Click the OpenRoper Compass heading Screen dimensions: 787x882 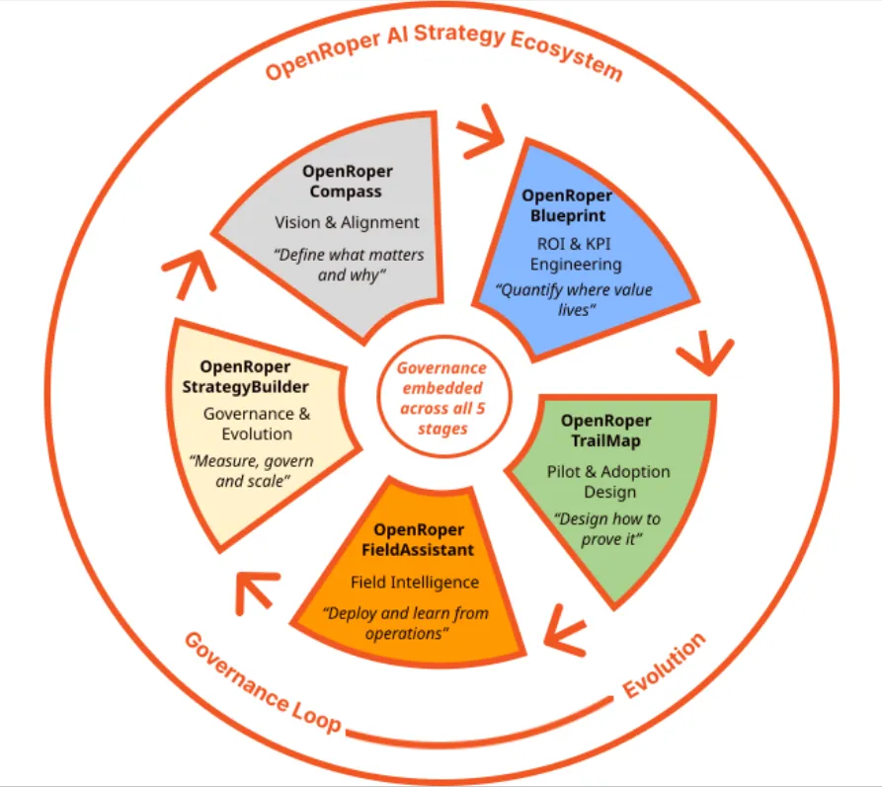click(343, 182)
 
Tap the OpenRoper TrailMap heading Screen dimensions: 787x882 click(607, 430)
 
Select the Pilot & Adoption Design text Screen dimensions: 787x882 click(607, 481)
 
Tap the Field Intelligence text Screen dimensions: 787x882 click(414, 582)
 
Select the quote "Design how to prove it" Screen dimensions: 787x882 click(606, 528)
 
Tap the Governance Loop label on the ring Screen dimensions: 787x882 click(262, 682)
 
